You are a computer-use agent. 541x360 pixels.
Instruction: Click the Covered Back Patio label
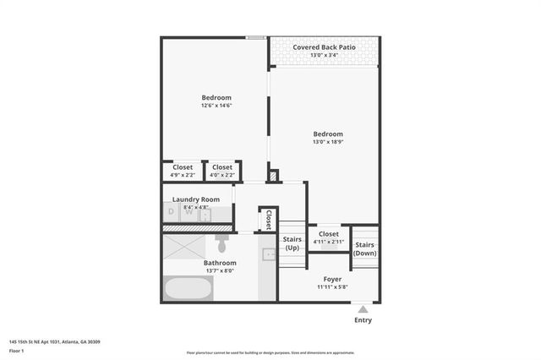click(324, 47)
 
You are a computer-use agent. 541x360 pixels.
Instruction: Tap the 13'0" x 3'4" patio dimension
click(324, 55)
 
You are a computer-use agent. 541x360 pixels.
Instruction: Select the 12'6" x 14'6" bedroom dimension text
click(216, 105)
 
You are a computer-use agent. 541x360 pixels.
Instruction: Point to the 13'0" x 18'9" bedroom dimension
click(328, 142)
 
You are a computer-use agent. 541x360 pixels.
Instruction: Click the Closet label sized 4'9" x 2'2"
click(183, 167)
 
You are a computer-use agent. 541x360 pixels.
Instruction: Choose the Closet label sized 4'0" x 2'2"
click(222, 167)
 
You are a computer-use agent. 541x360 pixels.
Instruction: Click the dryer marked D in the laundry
click(172, 214)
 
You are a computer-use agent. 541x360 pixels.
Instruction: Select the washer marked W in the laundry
click(189, 214)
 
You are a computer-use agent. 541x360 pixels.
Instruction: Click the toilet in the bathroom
click(221, 244)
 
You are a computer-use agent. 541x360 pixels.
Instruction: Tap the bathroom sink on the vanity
click(267, 254)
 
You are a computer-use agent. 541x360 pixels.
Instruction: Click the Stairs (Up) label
click(292, 243)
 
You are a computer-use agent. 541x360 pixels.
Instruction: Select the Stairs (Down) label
click(365, 248)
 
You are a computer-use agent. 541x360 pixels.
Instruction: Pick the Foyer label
click(332, 278)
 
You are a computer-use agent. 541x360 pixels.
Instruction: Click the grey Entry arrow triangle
click(363, 308)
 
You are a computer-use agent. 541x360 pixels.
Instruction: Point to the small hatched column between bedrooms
click(272, 176)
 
